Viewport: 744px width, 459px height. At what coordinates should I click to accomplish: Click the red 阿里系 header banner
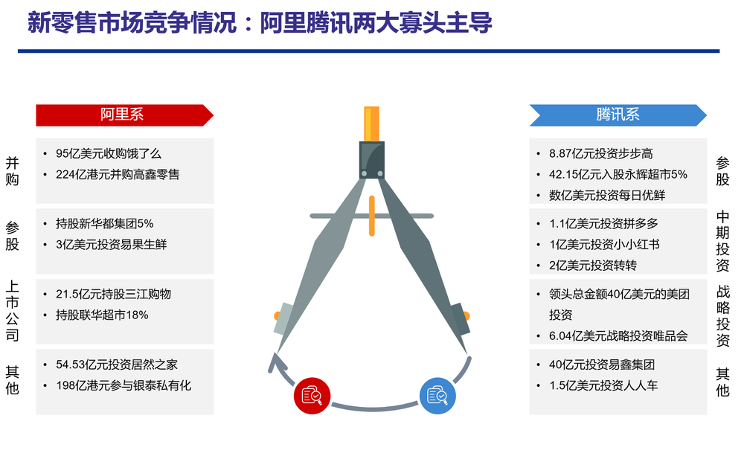click(124, 115)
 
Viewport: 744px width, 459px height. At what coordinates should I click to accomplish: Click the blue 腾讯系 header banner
click(618, 115)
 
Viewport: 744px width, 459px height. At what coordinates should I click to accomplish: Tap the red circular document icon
click(312, 396)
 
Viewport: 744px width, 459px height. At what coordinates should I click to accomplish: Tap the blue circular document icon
click(437, 396)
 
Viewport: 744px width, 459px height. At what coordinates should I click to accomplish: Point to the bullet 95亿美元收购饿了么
click(109, 153)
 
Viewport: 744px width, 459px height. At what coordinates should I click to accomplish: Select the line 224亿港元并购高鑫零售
click(118, 174)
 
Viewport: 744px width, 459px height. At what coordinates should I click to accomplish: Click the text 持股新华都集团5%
click(105, 224)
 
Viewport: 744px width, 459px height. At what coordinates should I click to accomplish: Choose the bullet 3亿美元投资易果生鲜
click(112, 245)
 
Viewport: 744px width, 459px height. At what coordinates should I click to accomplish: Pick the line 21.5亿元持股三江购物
click(113, 294)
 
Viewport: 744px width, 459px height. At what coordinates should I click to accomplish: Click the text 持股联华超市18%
click(102, 315)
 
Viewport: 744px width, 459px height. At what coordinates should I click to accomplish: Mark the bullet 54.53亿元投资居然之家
click(117, 365)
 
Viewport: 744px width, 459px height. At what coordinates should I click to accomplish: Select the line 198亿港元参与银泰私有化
click(124, 385)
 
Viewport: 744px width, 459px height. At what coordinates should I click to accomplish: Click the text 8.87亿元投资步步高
click(600, 153)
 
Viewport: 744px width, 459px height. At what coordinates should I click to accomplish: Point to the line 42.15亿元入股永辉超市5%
click(618, 174)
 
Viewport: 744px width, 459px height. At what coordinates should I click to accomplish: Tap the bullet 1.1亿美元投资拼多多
click(603, 224)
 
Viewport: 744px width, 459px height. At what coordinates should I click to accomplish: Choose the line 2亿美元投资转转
click(593, 266)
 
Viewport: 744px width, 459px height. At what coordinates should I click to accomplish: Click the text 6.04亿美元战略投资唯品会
click(618, 336)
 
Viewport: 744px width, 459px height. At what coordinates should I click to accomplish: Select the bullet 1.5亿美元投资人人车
click(603, 385)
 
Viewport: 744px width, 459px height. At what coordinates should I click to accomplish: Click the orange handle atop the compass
click(371, 124)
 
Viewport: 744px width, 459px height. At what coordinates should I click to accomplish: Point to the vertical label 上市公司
click(13, 311)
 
